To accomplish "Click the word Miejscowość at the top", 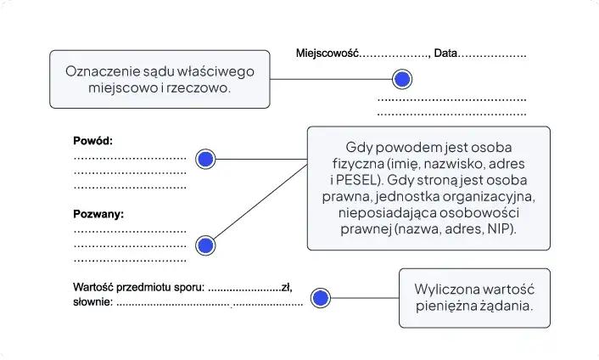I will point(327,53).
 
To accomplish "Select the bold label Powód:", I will point(92,141).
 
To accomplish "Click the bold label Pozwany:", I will point(98,214).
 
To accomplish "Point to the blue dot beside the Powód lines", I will point(205,159).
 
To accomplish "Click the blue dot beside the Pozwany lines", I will point(205,245).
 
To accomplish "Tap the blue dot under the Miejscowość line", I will point(402,80).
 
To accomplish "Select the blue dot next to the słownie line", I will point(320,298).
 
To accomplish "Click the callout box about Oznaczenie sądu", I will point(160,79).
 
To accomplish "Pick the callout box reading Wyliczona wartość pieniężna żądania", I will point(474,298).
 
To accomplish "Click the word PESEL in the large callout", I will point(355,179).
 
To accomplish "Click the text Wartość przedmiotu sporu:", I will point(139,288).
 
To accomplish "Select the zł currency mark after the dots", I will point(286,288).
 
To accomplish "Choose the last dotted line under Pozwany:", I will point(130,260).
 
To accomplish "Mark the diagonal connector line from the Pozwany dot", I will point(259,203).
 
